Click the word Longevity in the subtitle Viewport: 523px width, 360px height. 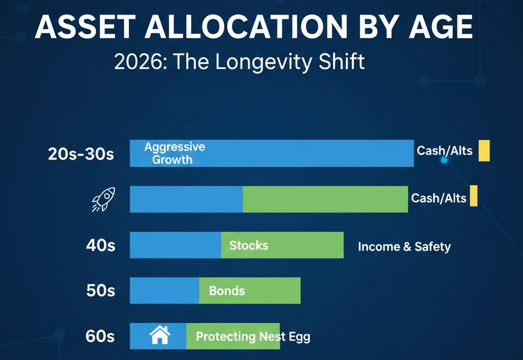tap(259, 62)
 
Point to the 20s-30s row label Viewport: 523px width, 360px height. tap(81, 154)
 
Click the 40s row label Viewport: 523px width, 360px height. tap(100, 246)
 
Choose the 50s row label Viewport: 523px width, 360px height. tap(100, 291)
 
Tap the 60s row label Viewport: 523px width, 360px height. tap(100, 336)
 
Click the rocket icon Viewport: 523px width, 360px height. tap(103, 200)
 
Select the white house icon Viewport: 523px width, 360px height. tap(159, 336)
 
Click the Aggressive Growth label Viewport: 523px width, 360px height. tap(174, 153)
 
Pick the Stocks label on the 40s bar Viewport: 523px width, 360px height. tap(248, 245)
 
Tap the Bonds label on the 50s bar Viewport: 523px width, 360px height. tap(227, 291)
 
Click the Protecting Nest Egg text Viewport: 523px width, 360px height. tap(252, 337)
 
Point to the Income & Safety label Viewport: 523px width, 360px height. tap(404, 247)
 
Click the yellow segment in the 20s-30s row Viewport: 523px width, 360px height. tap(484, 150)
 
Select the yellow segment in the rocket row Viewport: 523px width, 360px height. tap(473, 196)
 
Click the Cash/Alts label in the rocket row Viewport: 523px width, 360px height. tap(439, 198)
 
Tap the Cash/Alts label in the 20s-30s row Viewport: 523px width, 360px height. tap(444, 151)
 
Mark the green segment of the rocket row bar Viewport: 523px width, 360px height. tap(325, 199)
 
